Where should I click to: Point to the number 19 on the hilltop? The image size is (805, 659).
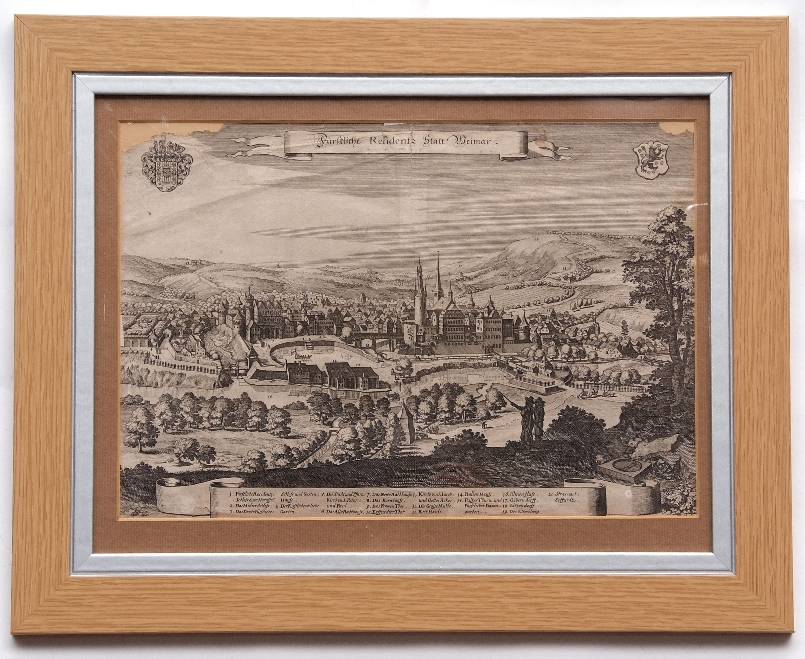[536, 240]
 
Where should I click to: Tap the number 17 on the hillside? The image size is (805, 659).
[460, 267]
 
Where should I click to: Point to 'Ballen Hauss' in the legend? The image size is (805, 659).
[477, 495]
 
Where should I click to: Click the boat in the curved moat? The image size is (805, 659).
[302, 356]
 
